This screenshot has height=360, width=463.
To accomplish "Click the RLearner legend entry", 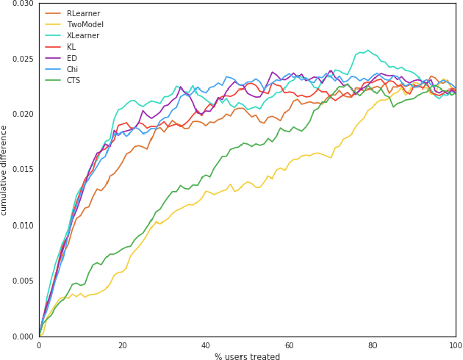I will pos(83,14).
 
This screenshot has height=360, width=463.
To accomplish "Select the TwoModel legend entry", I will pos(85,25).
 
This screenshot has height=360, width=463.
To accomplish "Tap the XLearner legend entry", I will pos(83,36).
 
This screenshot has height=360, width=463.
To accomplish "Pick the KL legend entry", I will pos(71,47).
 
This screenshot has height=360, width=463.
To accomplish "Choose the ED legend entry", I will pos(71,58).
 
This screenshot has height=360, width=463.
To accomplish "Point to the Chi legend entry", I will pos(72,70).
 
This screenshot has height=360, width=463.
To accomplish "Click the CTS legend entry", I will pos(73,81).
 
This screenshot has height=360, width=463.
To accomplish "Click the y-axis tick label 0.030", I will pos(23,4).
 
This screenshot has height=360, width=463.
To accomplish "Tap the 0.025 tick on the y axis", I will pos(23,59).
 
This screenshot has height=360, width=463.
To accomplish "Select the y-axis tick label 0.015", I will pos(23,170).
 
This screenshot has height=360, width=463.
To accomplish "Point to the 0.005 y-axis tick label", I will pos(23,281).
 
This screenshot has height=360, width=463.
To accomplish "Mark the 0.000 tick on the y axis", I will pos(23,336).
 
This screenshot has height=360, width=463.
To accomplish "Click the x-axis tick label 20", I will pos(122,345).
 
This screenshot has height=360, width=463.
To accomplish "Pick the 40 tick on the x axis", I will pos(206,345).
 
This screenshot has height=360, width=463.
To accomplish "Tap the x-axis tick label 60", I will pos(289,345).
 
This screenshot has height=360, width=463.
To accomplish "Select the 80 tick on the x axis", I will pos(373,345).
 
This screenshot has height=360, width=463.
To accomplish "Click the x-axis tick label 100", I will pos(456,345).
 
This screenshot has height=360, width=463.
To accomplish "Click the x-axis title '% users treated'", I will pos(247,357).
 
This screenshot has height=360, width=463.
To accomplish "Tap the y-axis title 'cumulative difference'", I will pos(4,170).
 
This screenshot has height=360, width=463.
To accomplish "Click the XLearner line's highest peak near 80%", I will pos(368,51).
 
